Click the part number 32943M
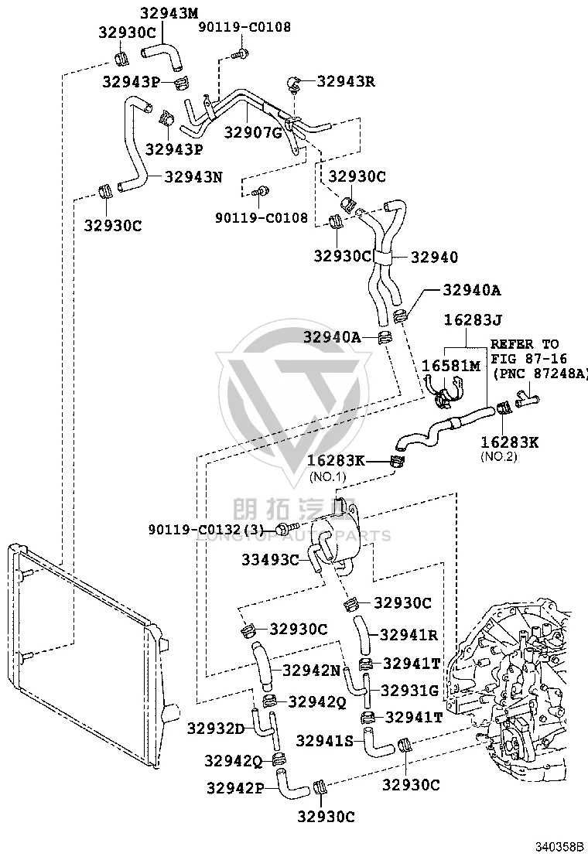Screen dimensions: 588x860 pos(169,13)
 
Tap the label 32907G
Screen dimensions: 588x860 pos(253,132)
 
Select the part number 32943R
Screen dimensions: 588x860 pos(346,81)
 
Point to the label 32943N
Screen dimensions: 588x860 pos(193,176)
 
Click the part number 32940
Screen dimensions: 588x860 pos(434,257)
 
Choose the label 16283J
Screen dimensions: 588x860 pos(473,319)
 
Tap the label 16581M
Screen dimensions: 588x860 pos(450,365)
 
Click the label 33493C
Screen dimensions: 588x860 pos(271,559)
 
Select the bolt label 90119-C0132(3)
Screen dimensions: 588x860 pos(207,529)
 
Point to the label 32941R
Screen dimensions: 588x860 pos(409,635)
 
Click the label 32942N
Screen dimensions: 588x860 pos(312,670)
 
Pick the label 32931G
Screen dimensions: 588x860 pos(410,690)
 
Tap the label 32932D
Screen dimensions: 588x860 pos(216,729)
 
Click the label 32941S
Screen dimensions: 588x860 pos(325,740)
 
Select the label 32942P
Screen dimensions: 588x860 pos(235,787)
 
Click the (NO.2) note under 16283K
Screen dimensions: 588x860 pos(498,456)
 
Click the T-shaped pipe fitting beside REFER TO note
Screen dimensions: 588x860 pos(528,397)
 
